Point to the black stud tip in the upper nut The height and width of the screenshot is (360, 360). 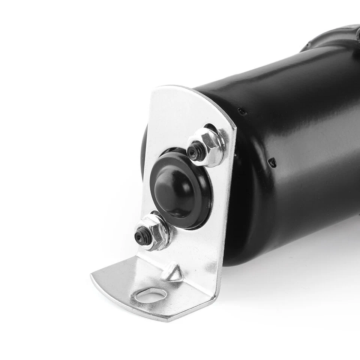(192, 151)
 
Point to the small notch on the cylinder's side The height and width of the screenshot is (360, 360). (273, 162)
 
